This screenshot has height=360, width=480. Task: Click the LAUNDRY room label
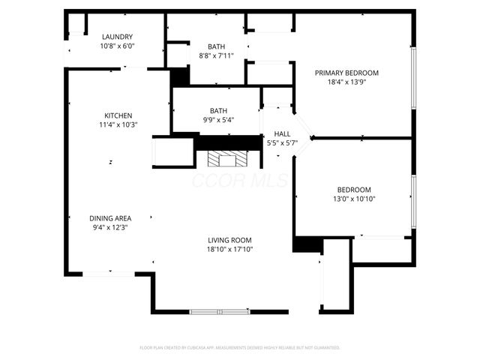[x=118, y=37]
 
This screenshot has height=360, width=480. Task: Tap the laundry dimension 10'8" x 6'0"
[x=118, y=46]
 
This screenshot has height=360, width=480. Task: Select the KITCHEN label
[x=118, y=115]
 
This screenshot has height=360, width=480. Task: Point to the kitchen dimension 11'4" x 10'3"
[x=118, y=124]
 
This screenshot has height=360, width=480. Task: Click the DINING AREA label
[x=111, y=218]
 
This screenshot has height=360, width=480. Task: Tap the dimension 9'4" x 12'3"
[x=111, y=227]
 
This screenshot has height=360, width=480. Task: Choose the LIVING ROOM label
[x=230, y=240]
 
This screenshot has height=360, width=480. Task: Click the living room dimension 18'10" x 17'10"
[x=230, y=249]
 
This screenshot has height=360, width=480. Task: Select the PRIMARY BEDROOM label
[x=346, y=73]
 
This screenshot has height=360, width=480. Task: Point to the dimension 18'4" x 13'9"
[x=346, y=82]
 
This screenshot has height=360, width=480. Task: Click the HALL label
[x=282, y=134]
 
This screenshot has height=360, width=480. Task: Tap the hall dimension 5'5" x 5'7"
[x=282, y=143]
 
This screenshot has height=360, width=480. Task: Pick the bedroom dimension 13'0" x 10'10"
[x=354, y=199]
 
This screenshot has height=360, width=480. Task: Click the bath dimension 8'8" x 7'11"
[x=217, y=55]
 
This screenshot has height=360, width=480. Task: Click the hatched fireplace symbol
[x=223, y=158]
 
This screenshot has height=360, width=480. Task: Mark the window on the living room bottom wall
[x=219, y=310]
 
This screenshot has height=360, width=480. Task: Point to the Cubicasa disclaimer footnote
[x=240, y=348]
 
